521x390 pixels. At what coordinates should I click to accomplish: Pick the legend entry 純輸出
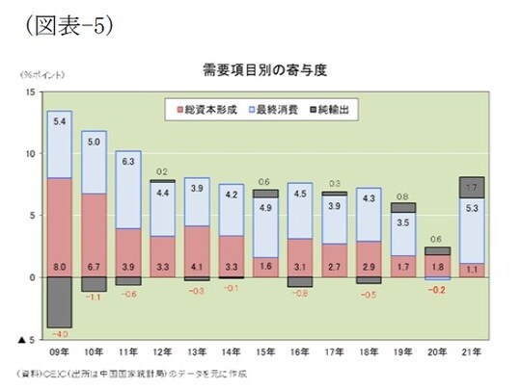339,111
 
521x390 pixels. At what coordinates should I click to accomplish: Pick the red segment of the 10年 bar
95,235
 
